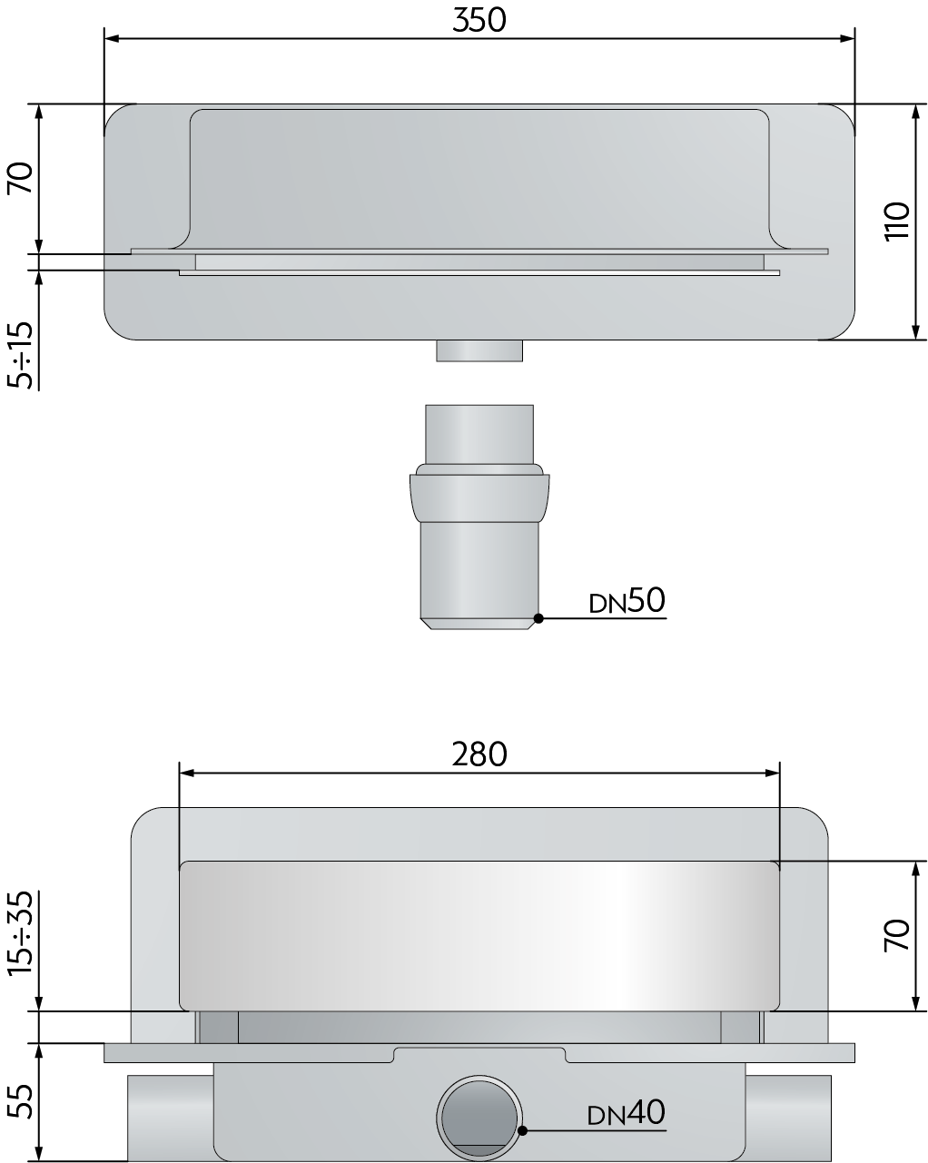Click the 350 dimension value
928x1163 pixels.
coord(479,21)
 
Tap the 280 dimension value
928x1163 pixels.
coord(479,754)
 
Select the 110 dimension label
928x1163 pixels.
coord(898,221)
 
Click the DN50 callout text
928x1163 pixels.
coord(627,600)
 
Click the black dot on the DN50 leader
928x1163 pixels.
coord(538,617)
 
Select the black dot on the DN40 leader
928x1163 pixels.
coord(522,1129)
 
